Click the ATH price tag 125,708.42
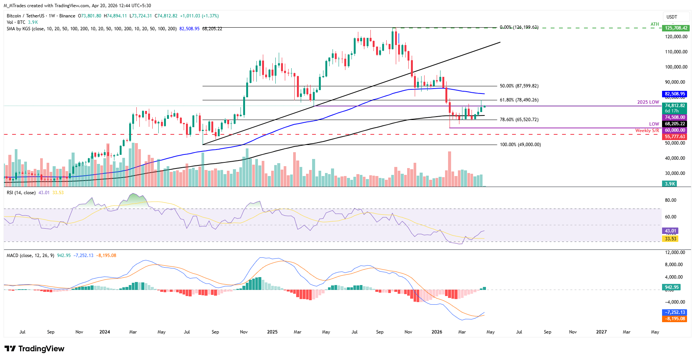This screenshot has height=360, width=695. (x=676, y=28)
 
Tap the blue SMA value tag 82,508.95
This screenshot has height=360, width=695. (x=675, y=94)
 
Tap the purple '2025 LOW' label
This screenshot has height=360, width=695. (x=648, y=102)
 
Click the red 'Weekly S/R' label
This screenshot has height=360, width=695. (x=647, y=131)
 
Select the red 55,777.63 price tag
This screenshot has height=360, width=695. (x=675, y=137)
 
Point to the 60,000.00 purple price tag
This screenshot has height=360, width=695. (x=675, y=130)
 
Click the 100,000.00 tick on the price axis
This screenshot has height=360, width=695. (x=676, y=67)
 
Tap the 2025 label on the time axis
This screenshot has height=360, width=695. (x=272, y=332)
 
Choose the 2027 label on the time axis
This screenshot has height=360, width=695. (x=601, y=332)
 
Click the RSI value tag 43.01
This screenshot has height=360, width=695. (x=670, y=231)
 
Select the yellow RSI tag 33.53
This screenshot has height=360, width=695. (x=670, y=238)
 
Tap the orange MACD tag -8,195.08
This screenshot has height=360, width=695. (x=675, y=319)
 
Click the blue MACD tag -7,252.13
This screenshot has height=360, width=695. (x=675, y=312)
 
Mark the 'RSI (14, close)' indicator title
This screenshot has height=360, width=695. (x=21, y=193)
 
